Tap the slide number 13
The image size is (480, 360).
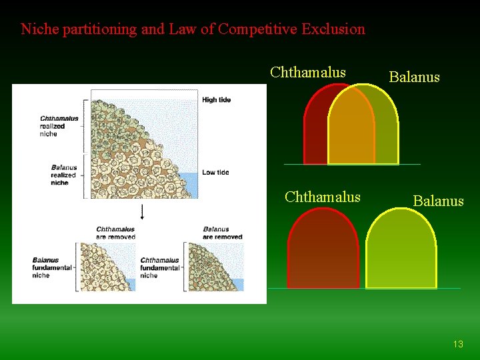(x=457, y=344)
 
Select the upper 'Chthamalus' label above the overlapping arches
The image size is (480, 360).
(x=307, y=72)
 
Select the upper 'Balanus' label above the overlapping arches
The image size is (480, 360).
(x=414, y=77)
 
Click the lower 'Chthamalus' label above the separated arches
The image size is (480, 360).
(x=322, y=197)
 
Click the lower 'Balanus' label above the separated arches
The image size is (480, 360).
(x=438, y=201)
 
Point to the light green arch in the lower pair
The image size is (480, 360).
(x=401, y=250)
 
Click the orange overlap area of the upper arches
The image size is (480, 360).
(x=351, y=130)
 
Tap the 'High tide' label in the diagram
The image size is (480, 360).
(x=216, y=100)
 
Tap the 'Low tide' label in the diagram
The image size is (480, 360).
(x=215, y=172)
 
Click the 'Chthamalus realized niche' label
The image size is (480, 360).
(x=59, y=126)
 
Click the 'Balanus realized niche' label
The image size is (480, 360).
(x=64, y=175)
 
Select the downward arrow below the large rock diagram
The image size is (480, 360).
(x=142, y=213)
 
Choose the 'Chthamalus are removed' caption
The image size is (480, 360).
(x=115, y=233)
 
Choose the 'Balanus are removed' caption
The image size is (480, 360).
(x=223, y=233)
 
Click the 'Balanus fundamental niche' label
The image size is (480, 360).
(x=51, y=267)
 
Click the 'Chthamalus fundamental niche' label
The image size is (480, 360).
(x=160, y=267)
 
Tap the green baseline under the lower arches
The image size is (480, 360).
(x=364, y=289)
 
